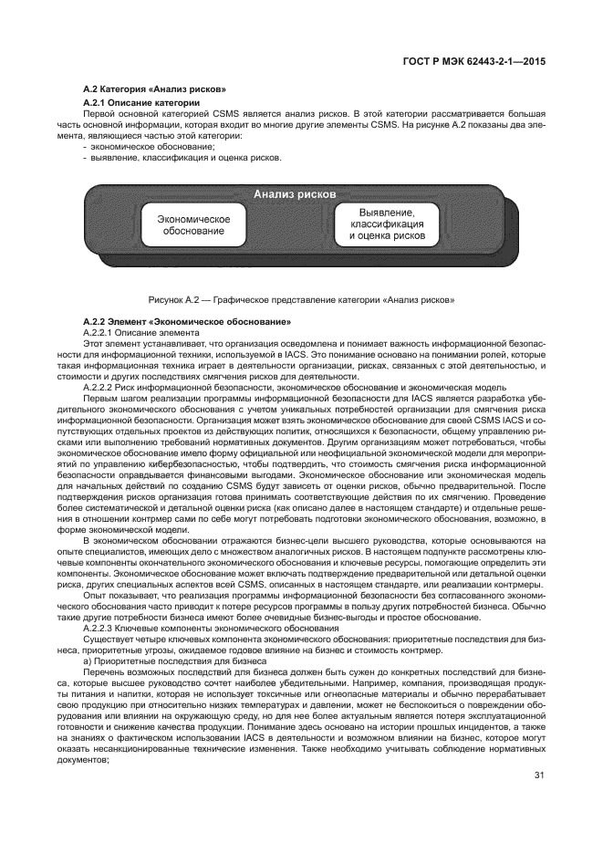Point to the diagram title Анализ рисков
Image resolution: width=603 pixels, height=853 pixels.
click(295, 194)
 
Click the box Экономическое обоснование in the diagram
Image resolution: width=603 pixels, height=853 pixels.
click(193, 225)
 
